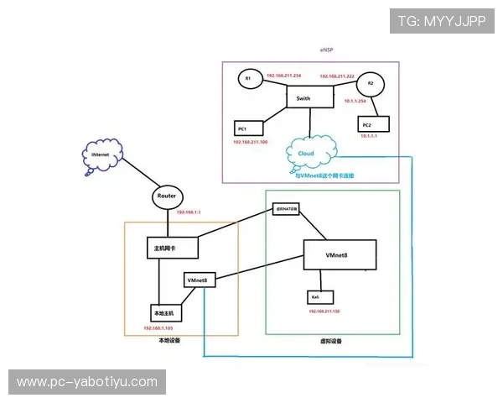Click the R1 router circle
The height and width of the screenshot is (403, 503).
click(x=247, y=79)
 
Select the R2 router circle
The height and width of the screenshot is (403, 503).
click(x=370, y=84)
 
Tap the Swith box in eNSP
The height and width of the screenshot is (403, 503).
click(x=310, y=97)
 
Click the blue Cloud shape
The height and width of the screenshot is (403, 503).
click(x=310, y=153)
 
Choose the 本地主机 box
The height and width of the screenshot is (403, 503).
click(x=166, y=312)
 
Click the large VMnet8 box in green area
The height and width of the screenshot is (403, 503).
click(x=340, y=254)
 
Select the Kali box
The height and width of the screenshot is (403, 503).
click(x=320, y=297)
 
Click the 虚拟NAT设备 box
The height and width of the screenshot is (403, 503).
click(x=287, y=209)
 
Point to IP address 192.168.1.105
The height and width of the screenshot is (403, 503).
click(x=158, y=328)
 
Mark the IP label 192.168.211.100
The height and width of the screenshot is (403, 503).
click(x=251, y=143)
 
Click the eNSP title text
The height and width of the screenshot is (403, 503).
click(x=326, y=50)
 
